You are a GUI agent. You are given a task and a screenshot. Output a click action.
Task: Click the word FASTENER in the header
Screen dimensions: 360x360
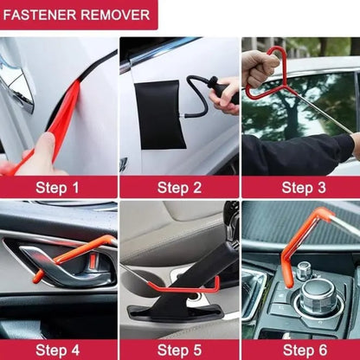[43, 14]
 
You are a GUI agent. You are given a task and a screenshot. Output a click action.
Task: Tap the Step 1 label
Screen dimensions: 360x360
[58, 187]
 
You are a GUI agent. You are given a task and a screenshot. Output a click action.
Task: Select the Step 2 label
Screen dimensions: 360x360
[178, 187]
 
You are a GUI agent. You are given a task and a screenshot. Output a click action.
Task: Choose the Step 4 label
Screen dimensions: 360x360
[58, 350]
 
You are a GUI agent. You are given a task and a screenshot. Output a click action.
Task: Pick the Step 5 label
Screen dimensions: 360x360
[178, 350]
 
